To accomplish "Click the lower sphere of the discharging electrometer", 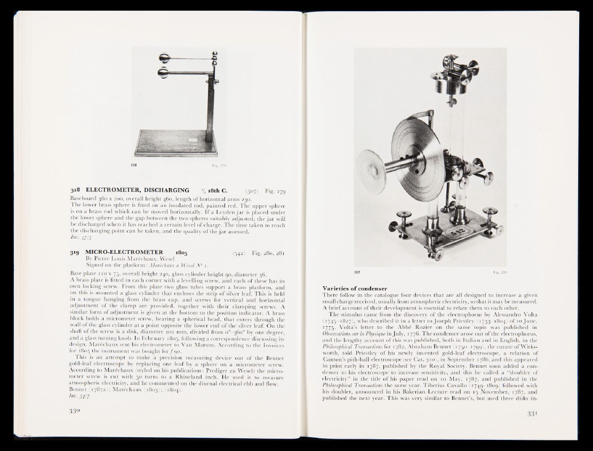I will click(x=162, y=73).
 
